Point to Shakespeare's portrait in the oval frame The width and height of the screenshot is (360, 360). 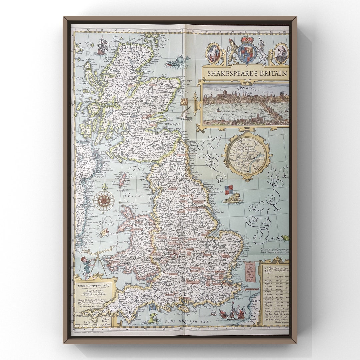[x=281, y=54]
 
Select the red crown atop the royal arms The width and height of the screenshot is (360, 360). [x=247, y=40]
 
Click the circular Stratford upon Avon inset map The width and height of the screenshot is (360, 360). [x=247, y=156]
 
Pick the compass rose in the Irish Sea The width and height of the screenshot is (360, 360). [x=104, y=201]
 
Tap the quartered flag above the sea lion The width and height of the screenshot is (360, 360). [x=229, y=190]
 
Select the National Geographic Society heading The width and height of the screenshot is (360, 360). [x=94, y=285]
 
